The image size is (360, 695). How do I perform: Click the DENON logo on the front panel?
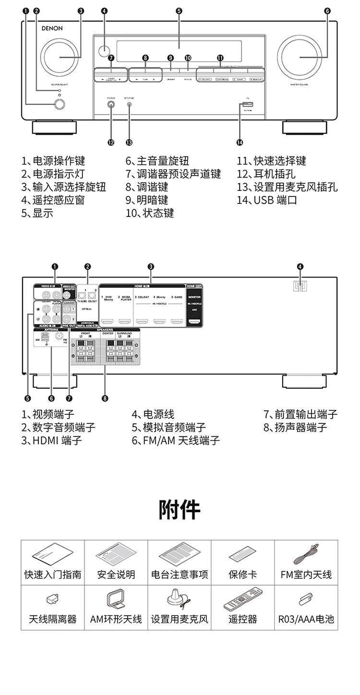coord(52,28)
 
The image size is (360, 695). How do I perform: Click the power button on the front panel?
coord(60,104)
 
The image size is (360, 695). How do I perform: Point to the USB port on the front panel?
coord(247,105)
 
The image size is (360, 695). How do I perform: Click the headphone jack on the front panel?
coord(112,104)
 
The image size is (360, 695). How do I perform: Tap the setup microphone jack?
coord(129,104)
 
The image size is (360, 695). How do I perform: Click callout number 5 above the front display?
coord(179,11)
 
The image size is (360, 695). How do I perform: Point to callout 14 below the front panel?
coord(240,142)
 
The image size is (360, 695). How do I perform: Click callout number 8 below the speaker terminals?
coord(105,398)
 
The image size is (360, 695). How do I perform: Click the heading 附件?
coord(180,509)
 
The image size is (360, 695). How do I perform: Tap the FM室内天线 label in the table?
coord(306,575)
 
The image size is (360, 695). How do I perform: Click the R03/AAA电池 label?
coord(306,619)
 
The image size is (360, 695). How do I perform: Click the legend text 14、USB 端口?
coord(267,200)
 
